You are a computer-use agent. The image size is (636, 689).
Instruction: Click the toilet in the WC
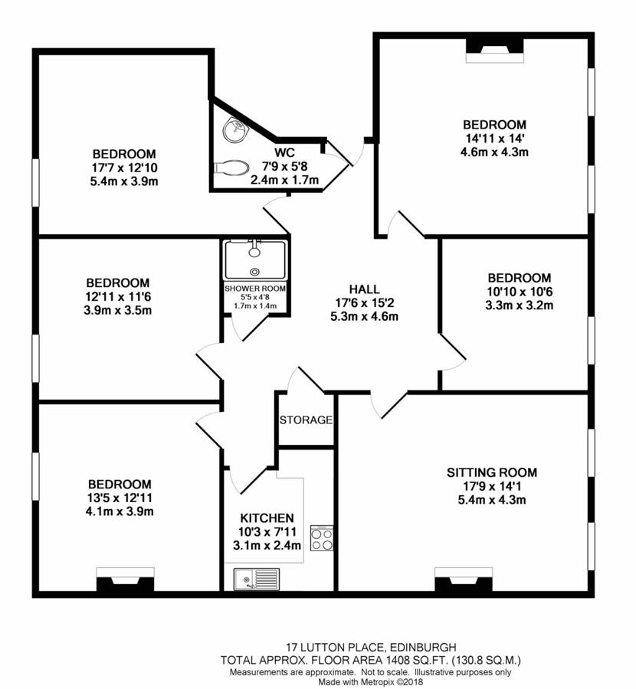pos(231,166)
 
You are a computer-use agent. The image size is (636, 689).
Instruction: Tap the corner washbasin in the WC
pos(232,130)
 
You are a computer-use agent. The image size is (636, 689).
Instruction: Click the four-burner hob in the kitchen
pos(320,538)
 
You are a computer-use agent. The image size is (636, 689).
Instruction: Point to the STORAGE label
pos(306,420)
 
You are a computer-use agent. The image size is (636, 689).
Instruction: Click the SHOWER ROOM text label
pos(254,289)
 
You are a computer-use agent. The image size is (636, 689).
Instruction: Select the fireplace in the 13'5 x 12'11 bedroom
pos(124,582)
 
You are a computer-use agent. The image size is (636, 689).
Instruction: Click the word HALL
pos(364,289)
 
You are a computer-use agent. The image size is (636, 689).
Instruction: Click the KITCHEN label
pos(267,518)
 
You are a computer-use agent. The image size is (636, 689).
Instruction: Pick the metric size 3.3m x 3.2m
pos(519,305)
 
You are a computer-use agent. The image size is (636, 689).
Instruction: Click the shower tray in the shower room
pos(254,260)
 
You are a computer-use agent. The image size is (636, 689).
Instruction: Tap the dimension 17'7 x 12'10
pos(124,168)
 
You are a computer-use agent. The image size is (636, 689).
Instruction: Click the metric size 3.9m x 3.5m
pos(118,310)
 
